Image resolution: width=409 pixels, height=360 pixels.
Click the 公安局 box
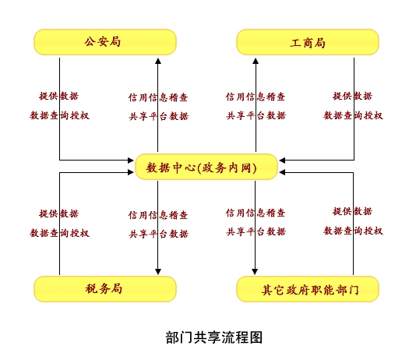104,42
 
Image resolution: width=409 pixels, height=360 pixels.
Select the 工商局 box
307,42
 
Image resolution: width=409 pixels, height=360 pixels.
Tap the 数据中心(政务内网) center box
206,167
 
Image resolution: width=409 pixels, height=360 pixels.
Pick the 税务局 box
104,288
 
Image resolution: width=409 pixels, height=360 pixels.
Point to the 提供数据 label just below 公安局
59,97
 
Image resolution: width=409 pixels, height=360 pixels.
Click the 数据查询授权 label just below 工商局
353,115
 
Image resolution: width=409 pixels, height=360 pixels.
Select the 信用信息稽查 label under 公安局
158,97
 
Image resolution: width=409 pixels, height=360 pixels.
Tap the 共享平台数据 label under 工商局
256,115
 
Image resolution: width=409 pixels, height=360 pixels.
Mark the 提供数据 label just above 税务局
59,214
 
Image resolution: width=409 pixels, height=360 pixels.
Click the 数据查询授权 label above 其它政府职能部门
353,231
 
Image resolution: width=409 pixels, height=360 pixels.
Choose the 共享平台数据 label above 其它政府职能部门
256,231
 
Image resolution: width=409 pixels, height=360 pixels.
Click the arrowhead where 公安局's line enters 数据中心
130,161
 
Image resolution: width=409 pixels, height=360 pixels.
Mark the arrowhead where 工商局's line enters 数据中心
283,161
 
